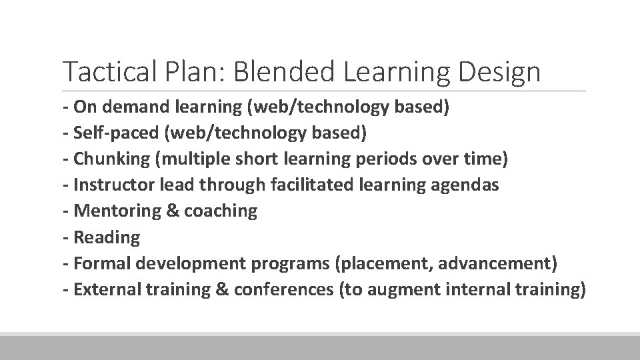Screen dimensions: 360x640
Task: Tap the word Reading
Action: click(107, 237)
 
